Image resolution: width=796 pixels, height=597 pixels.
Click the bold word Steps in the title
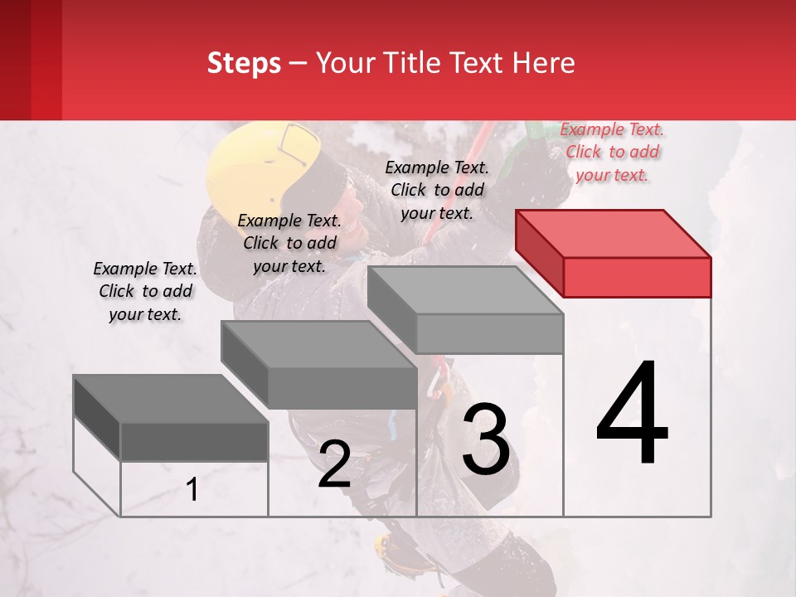point(244,63)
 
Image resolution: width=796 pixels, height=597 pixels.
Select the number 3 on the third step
point(486,439)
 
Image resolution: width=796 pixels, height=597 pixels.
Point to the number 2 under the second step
point(334,464)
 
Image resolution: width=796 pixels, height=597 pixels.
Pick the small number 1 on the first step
point(192,490)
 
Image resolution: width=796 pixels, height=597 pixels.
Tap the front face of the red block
point(637,277)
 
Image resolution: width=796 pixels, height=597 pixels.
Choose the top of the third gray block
point(465,289)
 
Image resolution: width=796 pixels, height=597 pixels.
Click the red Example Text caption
point(612,152)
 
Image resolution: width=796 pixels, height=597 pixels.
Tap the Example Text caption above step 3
point(437,190)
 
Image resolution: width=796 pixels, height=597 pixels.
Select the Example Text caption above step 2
point(289,243)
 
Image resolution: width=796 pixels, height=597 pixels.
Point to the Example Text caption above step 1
point(145,291)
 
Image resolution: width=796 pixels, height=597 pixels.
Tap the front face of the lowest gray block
point(194,442)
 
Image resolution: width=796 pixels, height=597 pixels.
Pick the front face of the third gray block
point(489,333)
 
